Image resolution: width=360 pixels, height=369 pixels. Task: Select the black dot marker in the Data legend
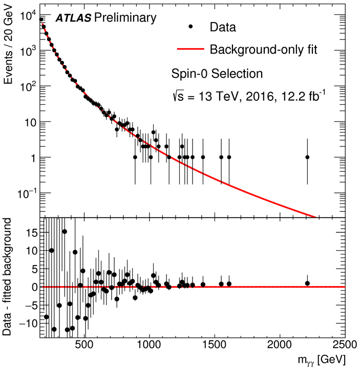tap(190, 27)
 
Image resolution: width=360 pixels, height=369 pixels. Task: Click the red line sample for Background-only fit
tap(190, 50)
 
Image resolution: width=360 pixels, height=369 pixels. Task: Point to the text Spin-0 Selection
tap(217, 74)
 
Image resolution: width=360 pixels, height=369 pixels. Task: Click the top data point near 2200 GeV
tap(307, 157)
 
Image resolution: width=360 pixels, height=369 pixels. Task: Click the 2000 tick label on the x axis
tap(280, 345)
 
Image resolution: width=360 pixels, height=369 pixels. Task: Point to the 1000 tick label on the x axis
tap(150, 345)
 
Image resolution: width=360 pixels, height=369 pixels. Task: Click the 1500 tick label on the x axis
tap(215, 345)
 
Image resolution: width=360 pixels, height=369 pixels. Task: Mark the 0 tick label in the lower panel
tap(32, 287)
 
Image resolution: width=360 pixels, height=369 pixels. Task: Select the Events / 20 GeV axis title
tap(9, 49)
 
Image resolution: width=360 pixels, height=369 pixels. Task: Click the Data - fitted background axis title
tap(9, 277)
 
